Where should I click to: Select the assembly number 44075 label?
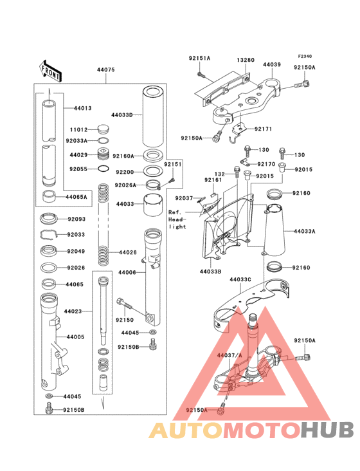106,69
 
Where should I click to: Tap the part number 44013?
84,109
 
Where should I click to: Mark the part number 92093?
76,219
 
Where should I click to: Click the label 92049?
76,252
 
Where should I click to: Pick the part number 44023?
73,311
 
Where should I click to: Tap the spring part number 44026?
128,252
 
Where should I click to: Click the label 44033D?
122,115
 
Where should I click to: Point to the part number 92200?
125,172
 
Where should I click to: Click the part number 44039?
272,65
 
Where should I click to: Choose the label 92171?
263,129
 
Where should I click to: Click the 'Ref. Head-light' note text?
177,219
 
